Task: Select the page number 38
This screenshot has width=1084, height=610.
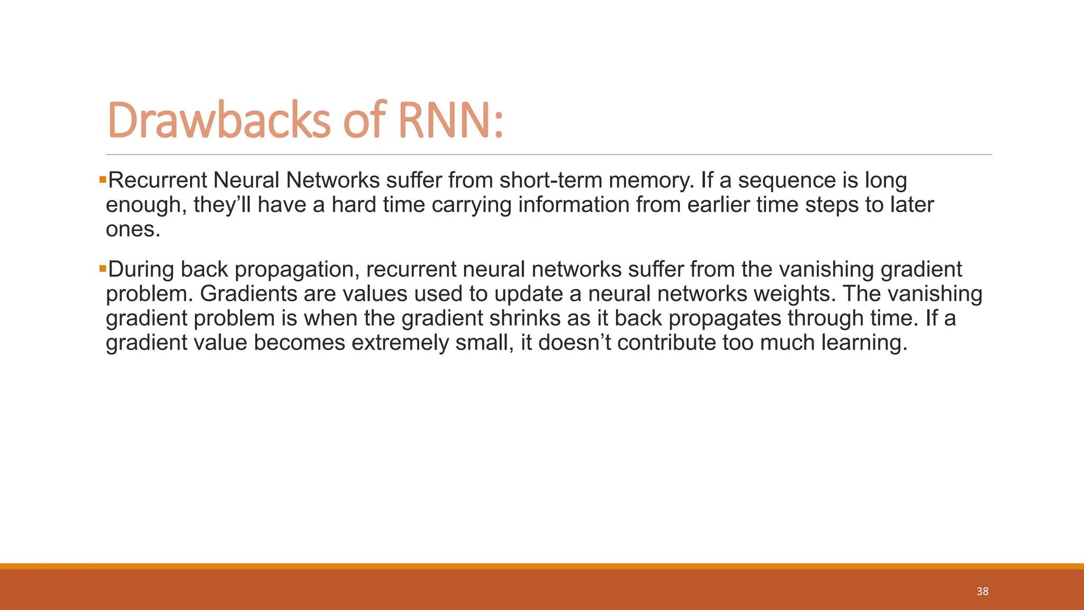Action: coord(982,591)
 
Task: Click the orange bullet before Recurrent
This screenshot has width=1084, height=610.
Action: coord(103,180)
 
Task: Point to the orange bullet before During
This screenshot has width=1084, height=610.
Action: coord(103,269)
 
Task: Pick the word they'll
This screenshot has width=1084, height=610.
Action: coord(222,205)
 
